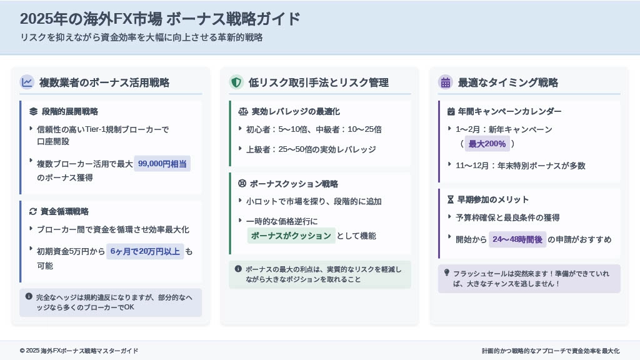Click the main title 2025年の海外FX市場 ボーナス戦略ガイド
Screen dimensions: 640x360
pyautogui.click(x=160, y=19)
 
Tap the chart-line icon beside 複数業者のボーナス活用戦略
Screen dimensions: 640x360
pyautogui.click(x=27, y=82)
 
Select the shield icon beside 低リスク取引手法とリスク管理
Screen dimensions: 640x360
pyautogui.click(x=236, y=82)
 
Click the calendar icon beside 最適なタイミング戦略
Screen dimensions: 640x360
pyautogui.click(x=445, y=82)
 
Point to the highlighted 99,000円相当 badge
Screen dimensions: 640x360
pyautogui.click(x=162, y=164)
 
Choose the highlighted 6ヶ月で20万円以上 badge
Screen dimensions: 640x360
pyautogui.click(x=145, y=251)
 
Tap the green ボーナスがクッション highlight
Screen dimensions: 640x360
pyautogui.click(x=291, y=236)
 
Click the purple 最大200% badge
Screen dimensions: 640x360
pyautogui.click(x=487, y=144)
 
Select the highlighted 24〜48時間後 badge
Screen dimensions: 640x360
pyautogui.click(x=517, y=239)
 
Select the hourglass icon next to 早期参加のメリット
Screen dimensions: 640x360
pyautogui.click(x=451, y=199)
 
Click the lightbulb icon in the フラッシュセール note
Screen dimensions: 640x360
pyautogui.click(x=446, y=272)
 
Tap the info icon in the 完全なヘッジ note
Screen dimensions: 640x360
pyautogui.click(x=29, y=296)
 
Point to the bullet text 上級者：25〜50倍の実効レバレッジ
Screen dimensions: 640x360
pyautogui.click(x=311, y=149)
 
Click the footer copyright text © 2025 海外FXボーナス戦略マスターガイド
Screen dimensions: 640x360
pyautogui.click(x=79, y=351)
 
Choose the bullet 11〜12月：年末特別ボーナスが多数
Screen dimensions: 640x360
pyautogui.click(x=521, y=166)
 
